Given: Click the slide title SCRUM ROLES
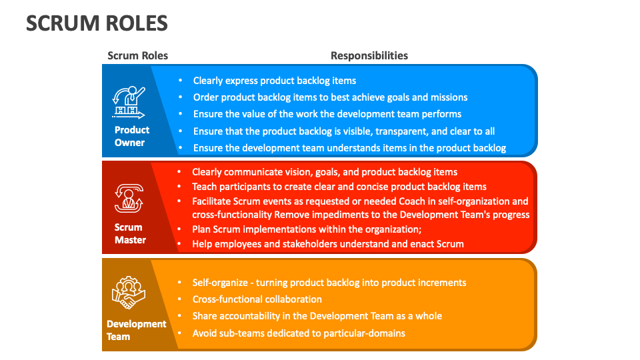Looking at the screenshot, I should [97, 24].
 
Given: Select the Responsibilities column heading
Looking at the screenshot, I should [369, 55].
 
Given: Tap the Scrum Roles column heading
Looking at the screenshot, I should [138, 55].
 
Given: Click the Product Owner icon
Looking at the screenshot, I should [129, 102].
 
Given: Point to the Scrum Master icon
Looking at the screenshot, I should [129, 199].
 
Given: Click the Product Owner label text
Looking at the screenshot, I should [131, 136].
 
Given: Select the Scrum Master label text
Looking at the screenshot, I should [129, 233].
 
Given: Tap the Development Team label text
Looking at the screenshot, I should [136, 330].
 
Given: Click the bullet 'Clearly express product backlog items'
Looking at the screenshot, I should [275, 81].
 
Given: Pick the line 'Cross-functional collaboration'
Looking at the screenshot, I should [257, 299].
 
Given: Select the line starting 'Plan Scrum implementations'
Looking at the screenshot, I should [307, 229].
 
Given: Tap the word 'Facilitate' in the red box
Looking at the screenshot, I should [213, 201].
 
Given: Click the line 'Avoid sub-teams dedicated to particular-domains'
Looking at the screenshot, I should [299, 333].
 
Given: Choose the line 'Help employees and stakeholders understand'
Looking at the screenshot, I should [327, 243].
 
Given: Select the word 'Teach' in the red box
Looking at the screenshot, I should [205, 187].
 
